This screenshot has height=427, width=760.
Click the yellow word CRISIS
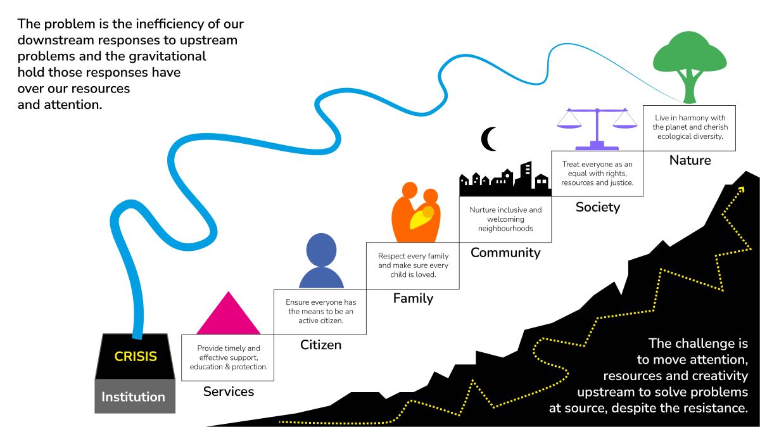pyautogui.click(x=136, y=357)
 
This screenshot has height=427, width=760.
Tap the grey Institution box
pyautogui.click(x=134, y=397)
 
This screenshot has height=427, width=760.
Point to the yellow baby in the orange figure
pyautogui.click(x=423, y=217)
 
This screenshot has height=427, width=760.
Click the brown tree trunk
pyautogui.click(x=689, y=89)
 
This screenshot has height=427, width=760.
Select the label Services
pyautogui.click(x=228, y=392)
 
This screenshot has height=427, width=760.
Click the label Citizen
pyautogui.click(x=320, y=345)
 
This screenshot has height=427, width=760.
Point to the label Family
pyautogui.click(x=413, y=298)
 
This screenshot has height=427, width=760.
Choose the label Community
pyautogui.click(x=505, y=253)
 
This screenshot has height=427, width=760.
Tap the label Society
pyautogui.click(x=597, y=207)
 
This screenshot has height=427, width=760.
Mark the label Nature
pyautogui.click(x=690, y=160)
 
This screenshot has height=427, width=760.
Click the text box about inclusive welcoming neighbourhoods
pyautogui.click(x=505, y=219)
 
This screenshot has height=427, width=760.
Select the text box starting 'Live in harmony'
pyautogui.click(x=690, y=127)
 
